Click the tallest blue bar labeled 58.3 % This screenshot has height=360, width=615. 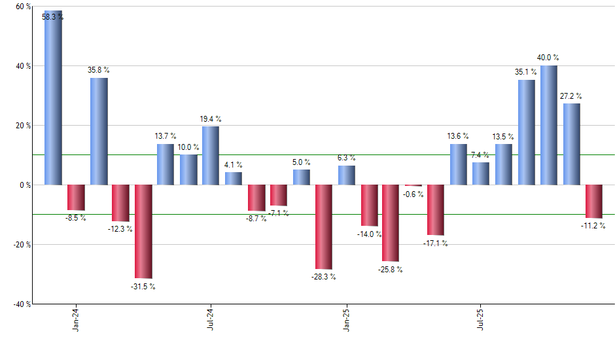[53, 98]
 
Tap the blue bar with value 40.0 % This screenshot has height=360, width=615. [549, 125]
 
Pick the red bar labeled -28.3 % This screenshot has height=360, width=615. [323, 226]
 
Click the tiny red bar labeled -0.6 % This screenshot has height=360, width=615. [413, 186]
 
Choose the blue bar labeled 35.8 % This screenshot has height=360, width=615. [99, 131]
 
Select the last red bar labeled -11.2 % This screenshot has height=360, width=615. [593, 201]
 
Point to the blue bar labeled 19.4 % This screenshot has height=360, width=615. [211, 156]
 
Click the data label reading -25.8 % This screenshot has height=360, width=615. [391, 269]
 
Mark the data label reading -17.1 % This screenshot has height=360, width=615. [435, 243]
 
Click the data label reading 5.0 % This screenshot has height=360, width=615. [301, 162]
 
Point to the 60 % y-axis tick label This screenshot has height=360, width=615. [23, 7]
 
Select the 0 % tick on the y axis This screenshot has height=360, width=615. [26, 185]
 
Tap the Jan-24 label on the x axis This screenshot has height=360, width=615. [76, 319]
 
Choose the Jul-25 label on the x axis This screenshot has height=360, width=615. [480, 319]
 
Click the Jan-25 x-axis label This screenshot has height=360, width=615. [345, 319]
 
